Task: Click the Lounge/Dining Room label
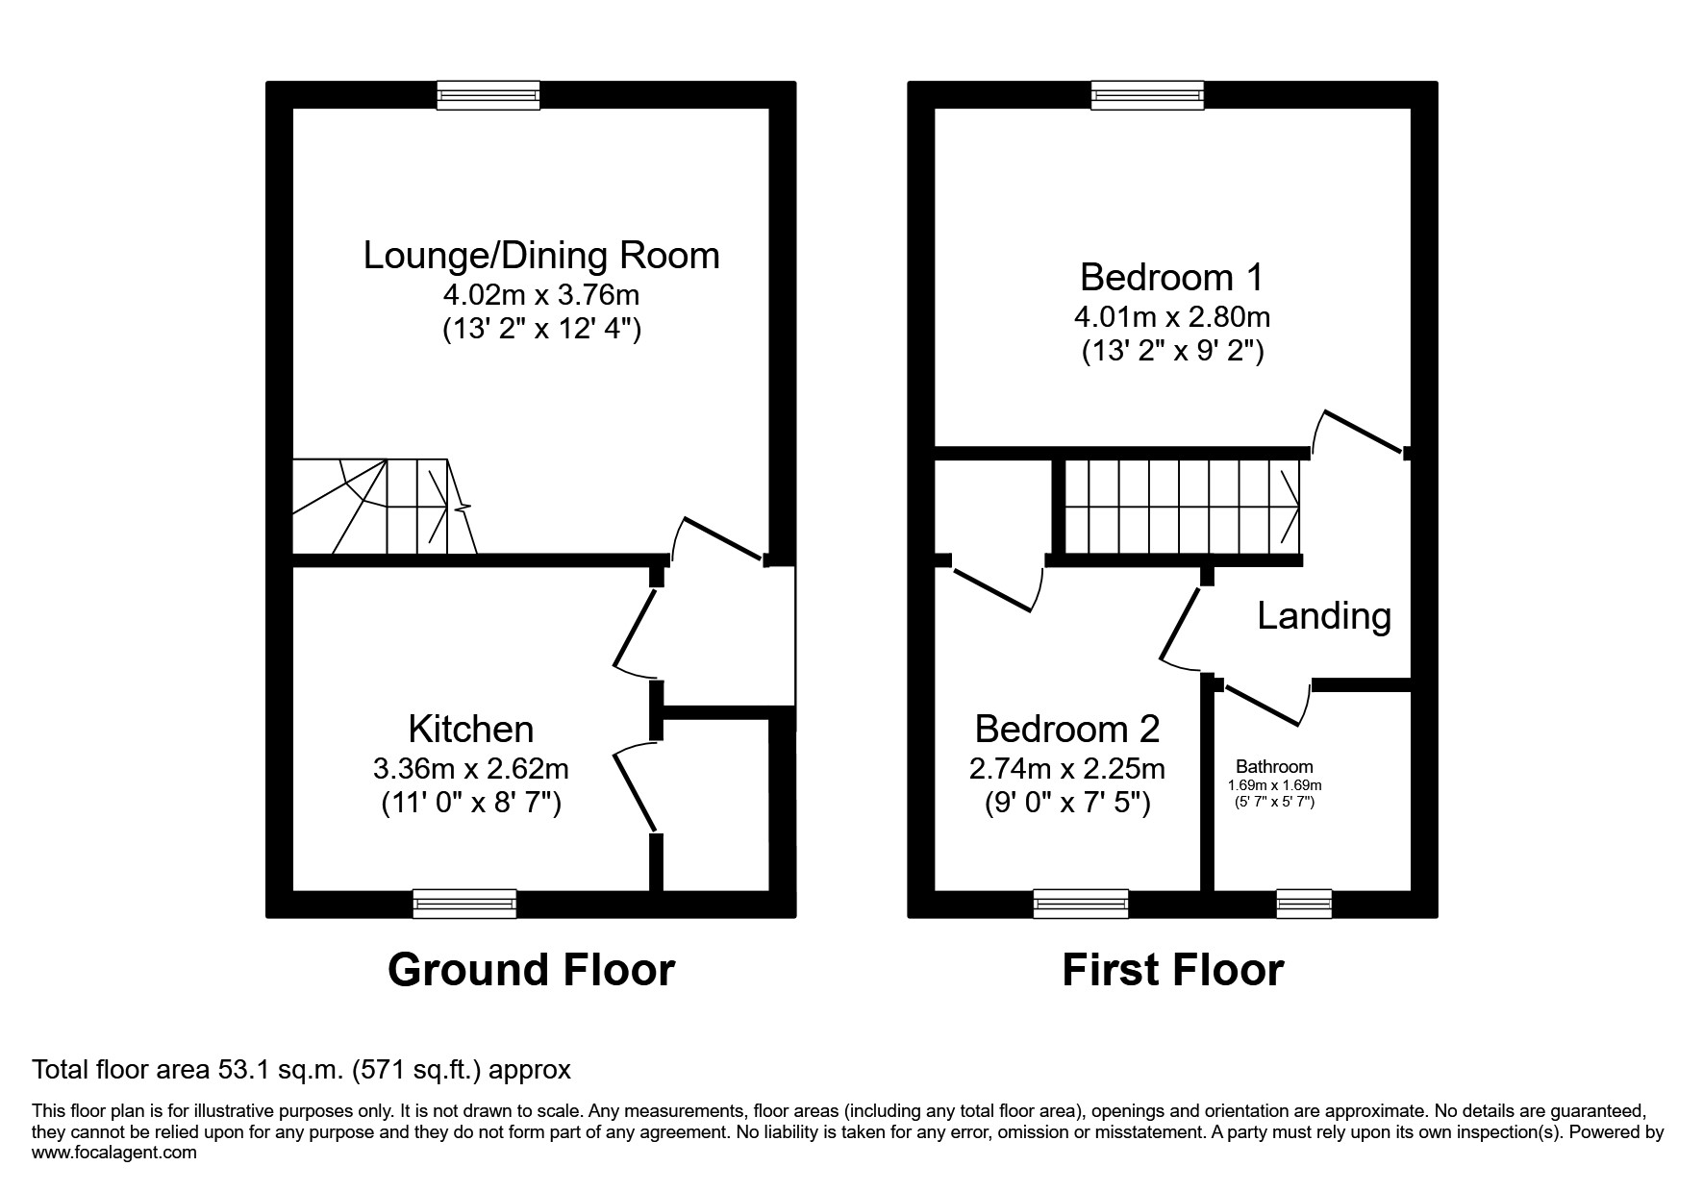tap(541, 256)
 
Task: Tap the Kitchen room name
tap(470, 730)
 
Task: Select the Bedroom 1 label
tap(1170, 278)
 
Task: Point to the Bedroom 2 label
tap(1066, 730)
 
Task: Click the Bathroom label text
tap(1274, 767)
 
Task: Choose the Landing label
tap(1324, 616)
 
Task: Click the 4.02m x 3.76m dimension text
tap(541, 293)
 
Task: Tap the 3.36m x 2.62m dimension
tap(470, 769)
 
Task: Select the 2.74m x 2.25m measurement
tap(1066, 769)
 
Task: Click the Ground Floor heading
tap(531, 970)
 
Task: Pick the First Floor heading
tap(1172, 970)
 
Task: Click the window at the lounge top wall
tap(488, 94)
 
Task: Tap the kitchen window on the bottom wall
tap(464, 904)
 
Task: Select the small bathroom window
tap(1304, 904)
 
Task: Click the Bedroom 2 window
tap(1081, 904)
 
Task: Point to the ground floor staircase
tap(385, 506)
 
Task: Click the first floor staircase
tap(1182, 506)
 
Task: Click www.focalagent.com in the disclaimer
tap(114, 1153)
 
